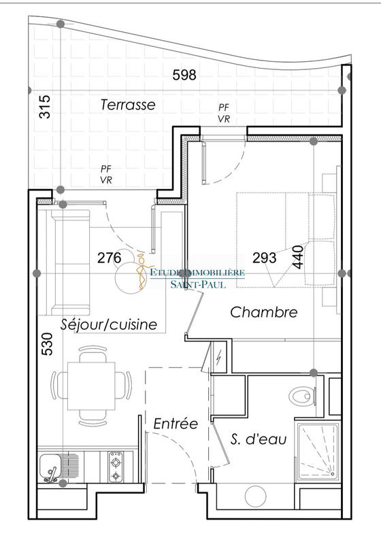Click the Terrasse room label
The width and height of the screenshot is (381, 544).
(x=128, y=105)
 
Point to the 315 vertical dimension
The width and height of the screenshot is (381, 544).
(x=45, y=107)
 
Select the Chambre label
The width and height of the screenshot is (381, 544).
(x=264, y=312)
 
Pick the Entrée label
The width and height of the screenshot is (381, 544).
(x=175, y=424)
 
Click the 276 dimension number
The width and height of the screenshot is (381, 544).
(x=109, y=258)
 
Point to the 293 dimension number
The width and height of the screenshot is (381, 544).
(x=264, y=258)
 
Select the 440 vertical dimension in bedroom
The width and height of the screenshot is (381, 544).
(x=297, y=258)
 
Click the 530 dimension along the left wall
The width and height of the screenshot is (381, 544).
(x=45, y=345)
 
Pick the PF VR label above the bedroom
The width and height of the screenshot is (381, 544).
(x=223, y=113)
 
